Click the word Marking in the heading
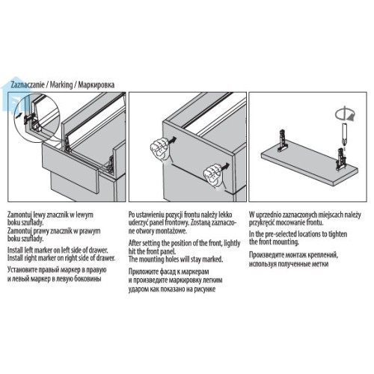click(x=61, y=85)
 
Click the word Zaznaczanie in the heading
click(x=28, y=85)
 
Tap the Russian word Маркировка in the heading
click(x=96, y=85)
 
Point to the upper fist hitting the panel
click(x=159, y=150)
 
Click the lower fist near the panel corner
click(x=212, y=175)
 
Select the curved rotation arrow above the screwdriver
click(x=345, y=114)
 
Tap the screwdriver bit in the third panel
click(x=344, y=135)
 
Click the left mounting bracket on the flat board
click(x=283, y=141)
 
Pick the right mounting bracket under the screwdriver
click(x=341, y=159)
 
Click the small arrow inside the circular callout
click(x=18, y=115)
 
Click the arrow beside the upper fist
click(x=172, y=140)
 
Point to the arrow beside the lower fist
click(x=225, y=166)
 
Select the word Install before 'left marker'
click(x=16, y=250)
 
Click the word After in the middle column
click(x=135, y=243)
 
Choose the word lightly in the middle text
click(x=232, y=243)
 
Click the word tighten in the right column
click(x=337, y=234)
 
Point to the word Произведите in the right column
click(x=266, y=255)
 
